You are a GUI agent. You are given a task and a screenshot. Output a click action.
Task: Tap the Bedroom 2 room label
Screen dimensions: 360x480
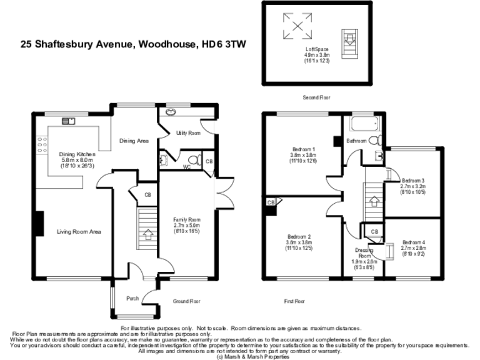(299, 236)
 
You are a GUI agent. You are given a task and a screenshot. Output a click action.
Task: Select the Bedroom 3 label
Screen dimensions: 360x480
(413, 179)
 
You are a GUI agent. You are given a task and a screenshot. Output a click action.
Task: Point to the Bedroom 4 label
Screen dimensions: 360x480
(413, 242)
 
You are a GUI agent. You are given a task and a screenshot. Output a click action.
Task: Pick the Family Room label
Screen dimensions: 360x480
(186, 219)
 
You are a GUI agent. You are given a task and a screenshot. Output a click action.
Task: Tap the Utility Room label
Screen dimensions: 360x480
(187, 133)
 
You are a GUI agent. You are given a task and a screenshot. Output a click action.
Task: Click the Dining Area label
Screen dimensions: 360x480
(134, 141)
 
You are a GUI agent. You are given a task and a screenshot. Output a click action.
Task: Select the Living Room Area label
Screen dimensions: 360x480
(79, 232)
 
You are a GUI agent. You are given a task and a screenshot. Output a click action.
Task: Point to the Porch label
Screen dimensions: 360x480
(132, 298)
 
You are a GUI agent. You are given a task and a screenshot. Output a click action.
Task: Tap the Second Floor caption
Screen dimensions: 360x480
(316, 97)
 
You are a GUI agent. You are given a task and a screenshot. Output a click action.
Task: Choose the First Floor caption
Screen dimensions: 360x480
(294, 301)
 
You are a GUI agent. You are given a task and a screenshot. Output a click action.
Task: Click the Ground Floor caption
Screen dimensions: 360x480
(187, 301)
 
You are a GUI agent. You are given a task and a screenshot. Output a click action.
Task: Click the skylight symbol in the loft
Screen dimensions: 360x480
(297, 26)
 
